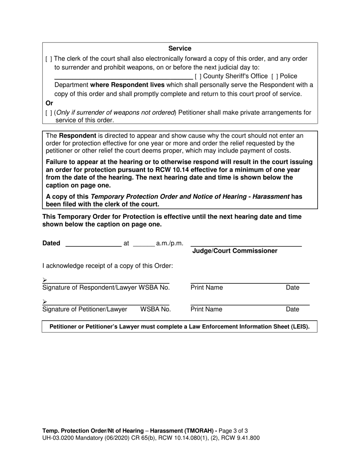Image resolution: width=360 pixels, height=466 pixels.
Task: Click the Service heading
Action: (x=180, y=48)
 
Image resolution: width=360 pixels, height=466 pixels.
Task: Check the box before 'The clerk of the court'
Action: (x=49, y=59)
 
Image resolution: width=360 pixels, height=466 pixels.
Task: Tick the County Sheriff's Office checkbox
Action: (x=198, y=76)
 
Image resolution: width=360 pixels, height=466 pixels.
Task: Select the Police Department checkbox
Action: (x=275, y=76)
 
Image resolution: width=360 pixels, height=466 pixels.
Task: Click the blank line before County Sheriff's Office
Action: (x=124, y=77)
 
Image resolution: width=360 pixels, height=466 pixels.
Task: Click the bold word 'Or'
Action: (x=49, y=103)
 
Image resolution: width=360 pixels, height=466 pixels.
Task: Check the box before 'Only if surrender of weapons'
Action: (x=49, y=113)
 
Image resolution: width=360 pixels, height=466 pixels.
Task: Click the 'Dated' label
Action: (x=51, y=243)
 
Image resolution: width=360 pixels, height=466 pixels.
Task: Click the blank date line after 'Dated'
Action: (x=93, y=244)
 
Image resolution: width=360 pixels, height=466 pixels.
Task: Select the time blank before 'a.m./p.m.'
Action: (x=144, y=244)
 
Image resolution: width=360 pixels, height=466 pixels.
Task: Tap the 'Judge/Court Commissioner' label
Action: (x=235, y=251)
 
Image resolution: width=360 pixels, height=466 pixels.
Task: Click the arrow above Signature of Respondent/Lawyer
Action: (x=45, y=280)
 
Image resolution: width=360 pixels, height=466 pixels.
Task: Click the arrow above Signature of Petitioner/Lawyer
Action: (x=45, y=302)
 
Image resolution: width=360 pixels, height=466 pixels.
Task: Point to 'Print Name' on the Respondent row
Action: (x=207, y=288)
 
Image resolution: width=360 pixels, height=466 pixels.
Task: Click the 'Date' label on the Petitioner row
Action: (x=292, y=310)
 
